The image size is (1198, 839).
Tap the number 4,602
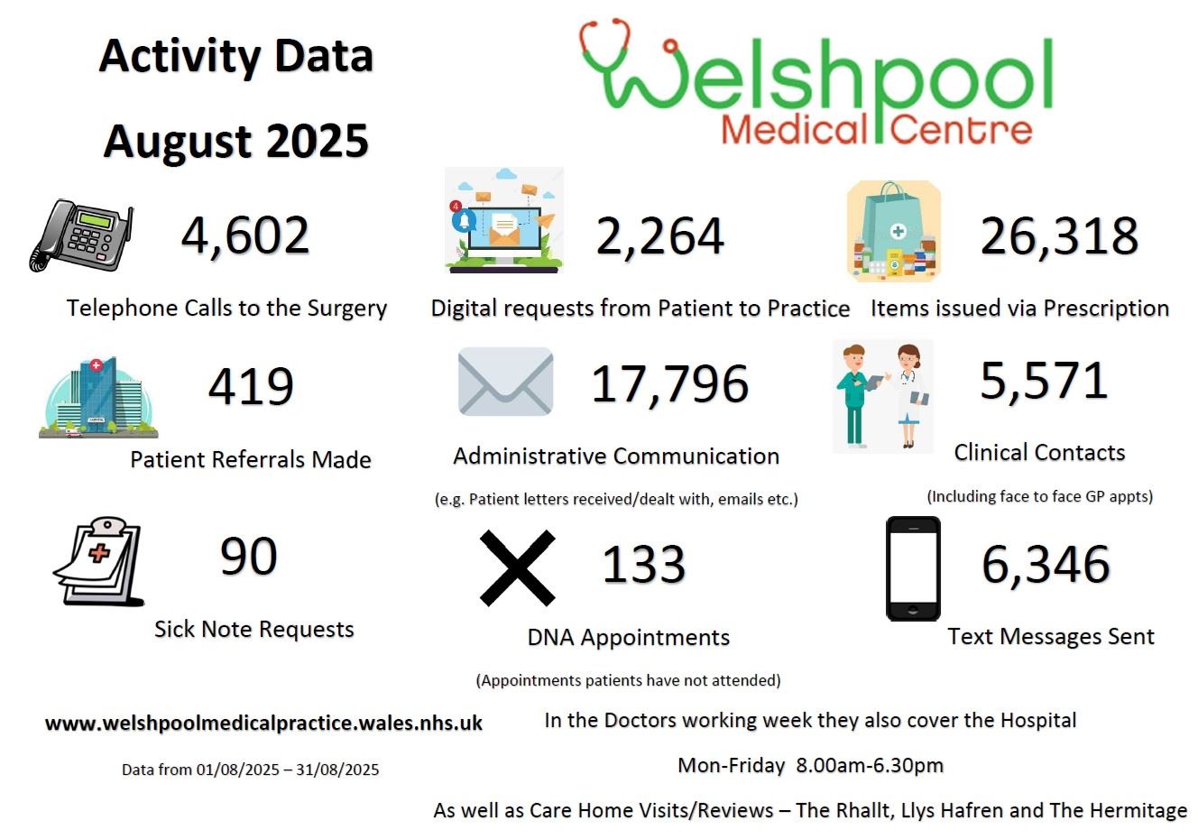pos(245,236)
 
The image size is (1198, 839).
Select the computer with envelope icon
pos(504,221)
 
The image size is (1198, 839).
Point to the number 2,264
pos(659,236)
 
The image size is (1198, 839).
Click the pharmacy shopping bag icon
pos(893,232)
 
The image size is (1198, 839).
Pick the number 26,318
pos(1059,236)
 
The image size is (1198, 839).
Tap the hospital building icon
pos(98,398)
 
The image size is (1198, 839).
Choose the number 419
pos(251,387)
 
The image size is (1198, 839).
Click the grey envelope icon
pos(505,382)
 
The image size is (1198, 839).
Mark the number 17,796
pos(669,383)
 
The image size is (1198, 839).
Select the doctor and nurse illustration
pos(881,396)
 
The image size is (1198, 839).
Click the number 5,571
pos(1043,381)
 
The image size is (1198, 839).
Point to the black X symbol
pos(517,567)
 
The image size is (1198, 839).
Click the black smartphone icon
pos(913,568)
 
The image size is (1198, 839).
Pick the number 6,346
pos(1045,565)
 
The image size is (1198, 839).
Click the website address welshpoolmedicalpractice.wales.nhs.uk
pos(263,724)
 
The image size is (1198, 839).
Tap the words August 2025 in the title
pos(236,142)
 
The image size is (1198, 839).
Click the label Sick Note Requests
pos(254,629)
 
